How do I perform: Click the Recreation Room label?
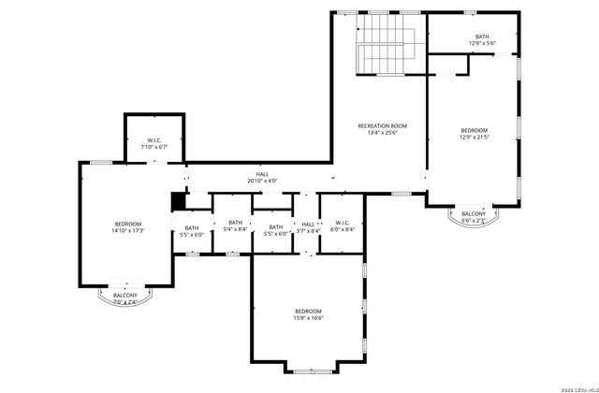click(382, 125)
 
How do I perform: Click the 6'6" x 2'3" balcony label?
click(474, 217)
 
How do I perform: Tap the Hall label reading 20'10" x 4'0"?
click(262, 177)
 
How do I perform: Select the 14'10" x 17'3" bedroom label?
click(127, 226)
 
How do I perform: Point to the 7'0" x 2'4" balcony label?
click(125, 299)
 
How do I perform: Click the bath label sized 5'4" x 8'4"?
click(236, 226)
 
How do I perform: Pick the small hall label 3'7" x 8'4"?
click(308, 226)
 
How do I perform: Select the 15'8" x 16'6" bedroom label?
click(308, 314)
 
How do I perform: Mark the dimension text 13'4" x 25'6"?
click(382, 133)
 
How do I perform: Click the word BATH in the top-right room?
click(481, 37)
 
